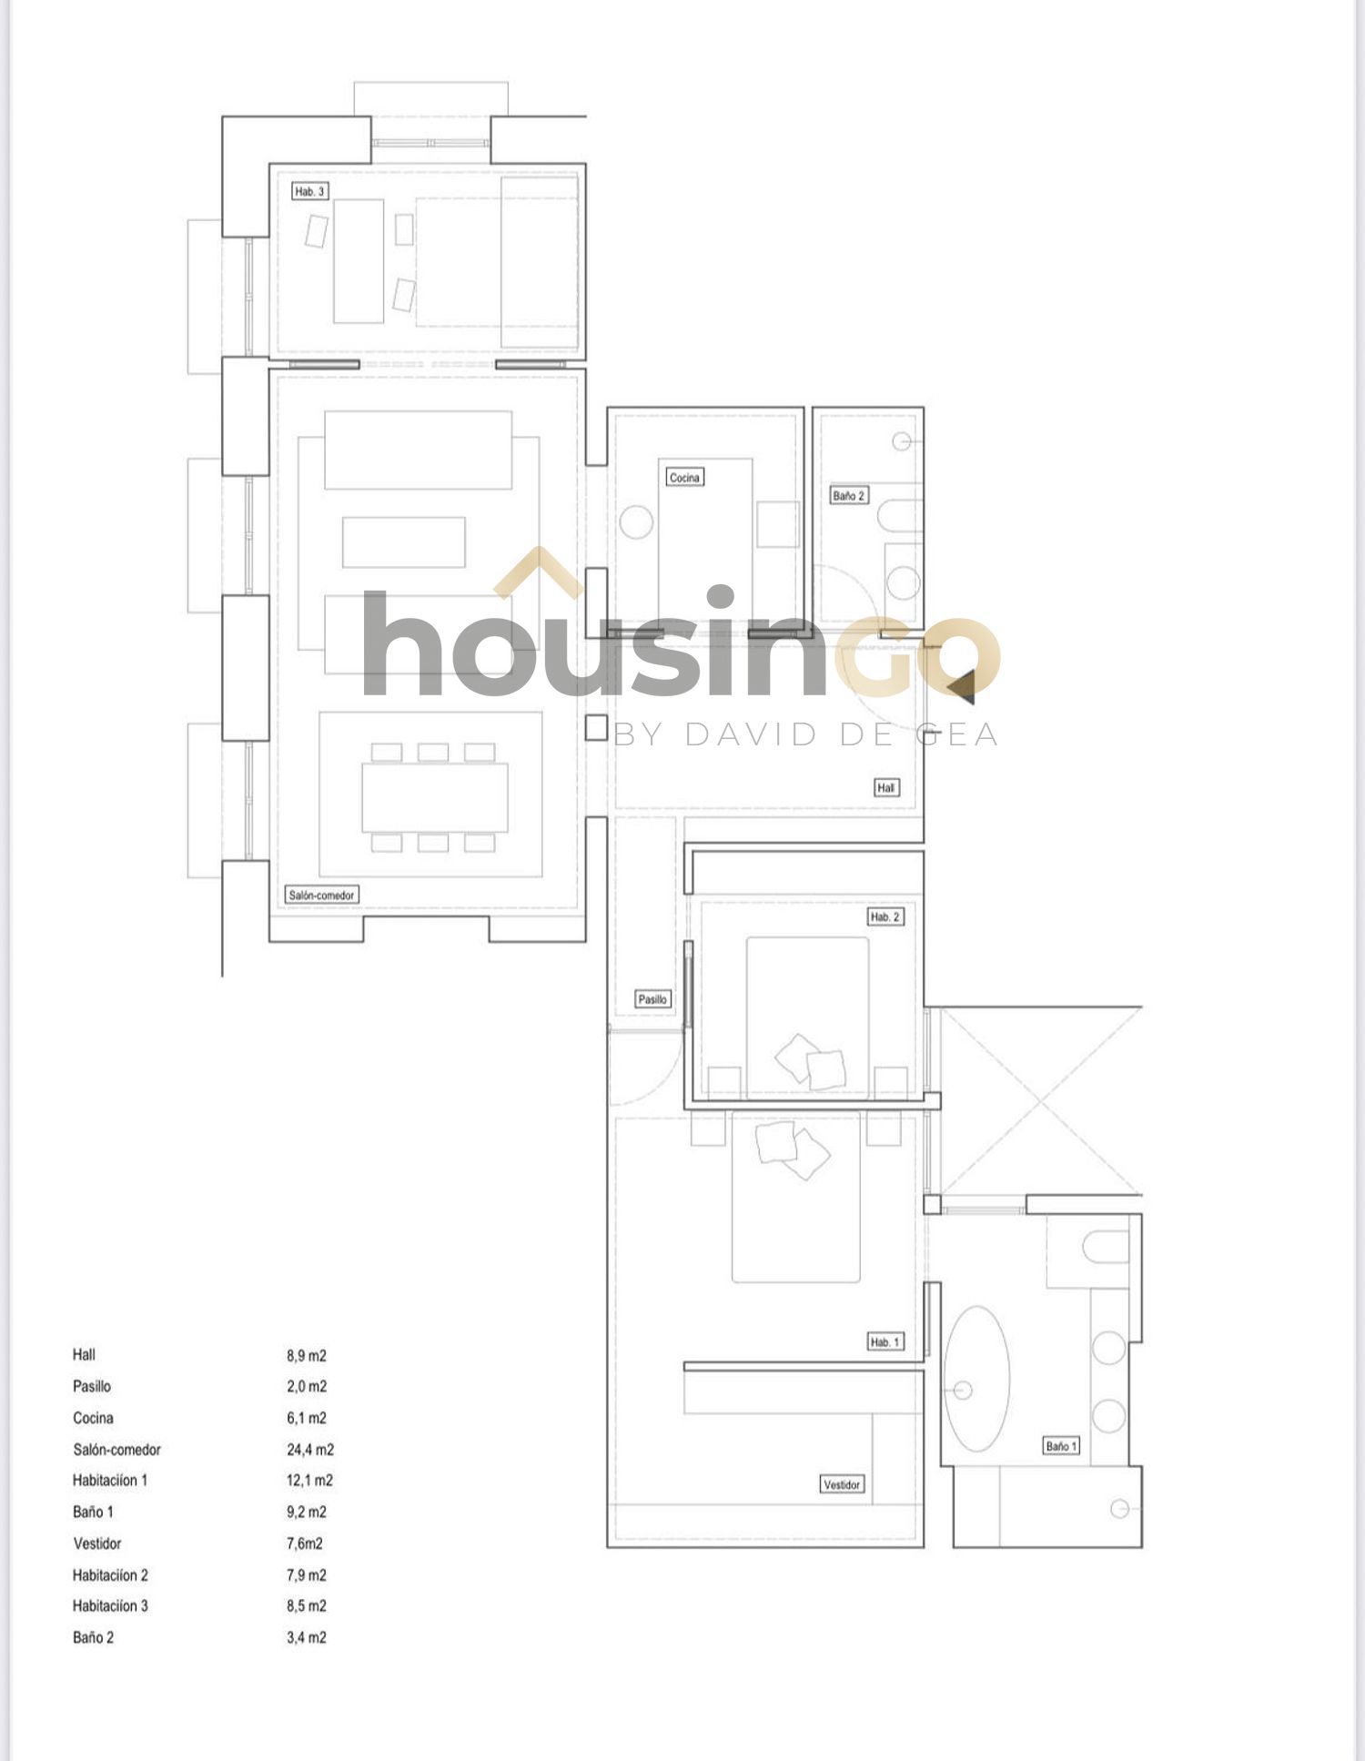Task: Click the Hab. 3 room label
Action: [x=309, y=191]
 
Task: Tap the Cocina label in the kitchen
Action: [x=684, y=477]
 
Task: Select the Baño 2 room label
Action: [x=848, y=496]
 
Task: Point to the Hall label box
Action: [x=885, y=787]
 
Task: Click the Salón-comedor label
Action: [x=321, y=895]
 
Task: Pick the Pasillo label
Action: [x=652, y=999]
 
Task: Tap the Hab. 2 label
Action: [x=885, y=916]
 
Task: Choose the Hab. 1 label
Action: [x=885, y=1341]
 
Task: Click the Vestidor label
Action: [x=842, y=1484]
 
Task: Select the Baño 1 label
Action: [x=1061, y=1446]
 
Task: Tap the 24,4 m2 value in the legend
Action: [x=310, y=1450]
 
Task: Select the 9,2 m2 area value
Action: [x=307, y=1513]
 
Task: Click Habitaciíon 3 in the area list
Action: [x=110, y=1606]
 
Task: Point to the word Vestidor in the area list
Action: [x=97, y=1543]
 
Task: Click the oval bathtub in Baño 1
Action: [x=976, y=1379]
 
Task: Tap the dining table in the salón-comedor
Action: [x=435, y=797]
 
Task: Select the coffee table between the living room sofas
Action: [x=404, y=542]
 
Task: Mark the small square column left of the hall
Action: [x=595, y=727]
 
